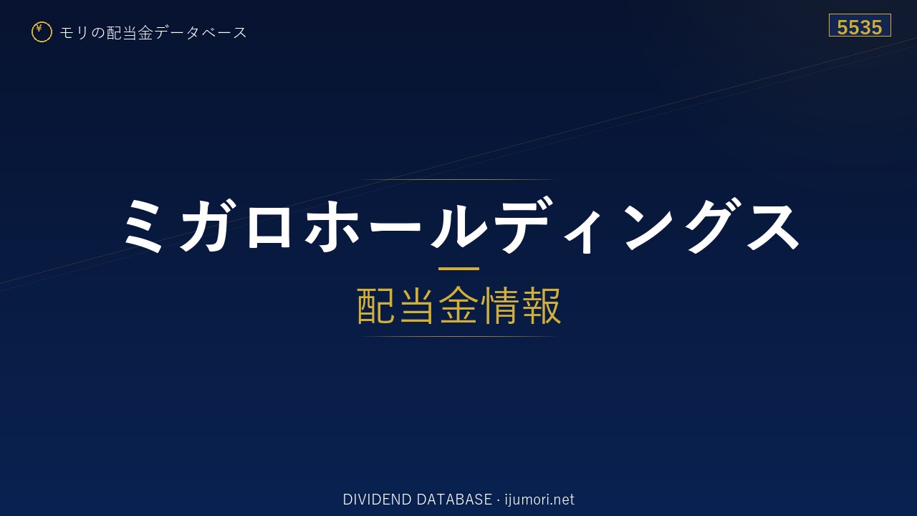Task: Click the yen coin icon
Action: [42, 32]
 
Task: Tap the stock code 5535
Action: [859, 27]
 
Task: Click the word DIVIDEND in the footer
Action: [377, 500]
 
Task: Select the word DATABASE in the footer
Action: [454, 500]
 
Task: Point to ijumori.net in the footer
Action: [539, 500]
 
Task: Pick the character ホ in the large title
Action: [332, 225]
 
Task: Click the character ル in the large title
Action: [458, 225]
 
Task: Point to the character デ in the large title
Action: [522, 224]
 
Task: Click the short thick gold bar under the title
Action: [458, 269]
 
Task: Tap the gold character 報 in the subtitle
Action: [541, 305]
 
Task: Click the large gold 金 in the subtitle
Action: [458, 305]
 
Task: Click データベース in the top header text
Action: [201, 33]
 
